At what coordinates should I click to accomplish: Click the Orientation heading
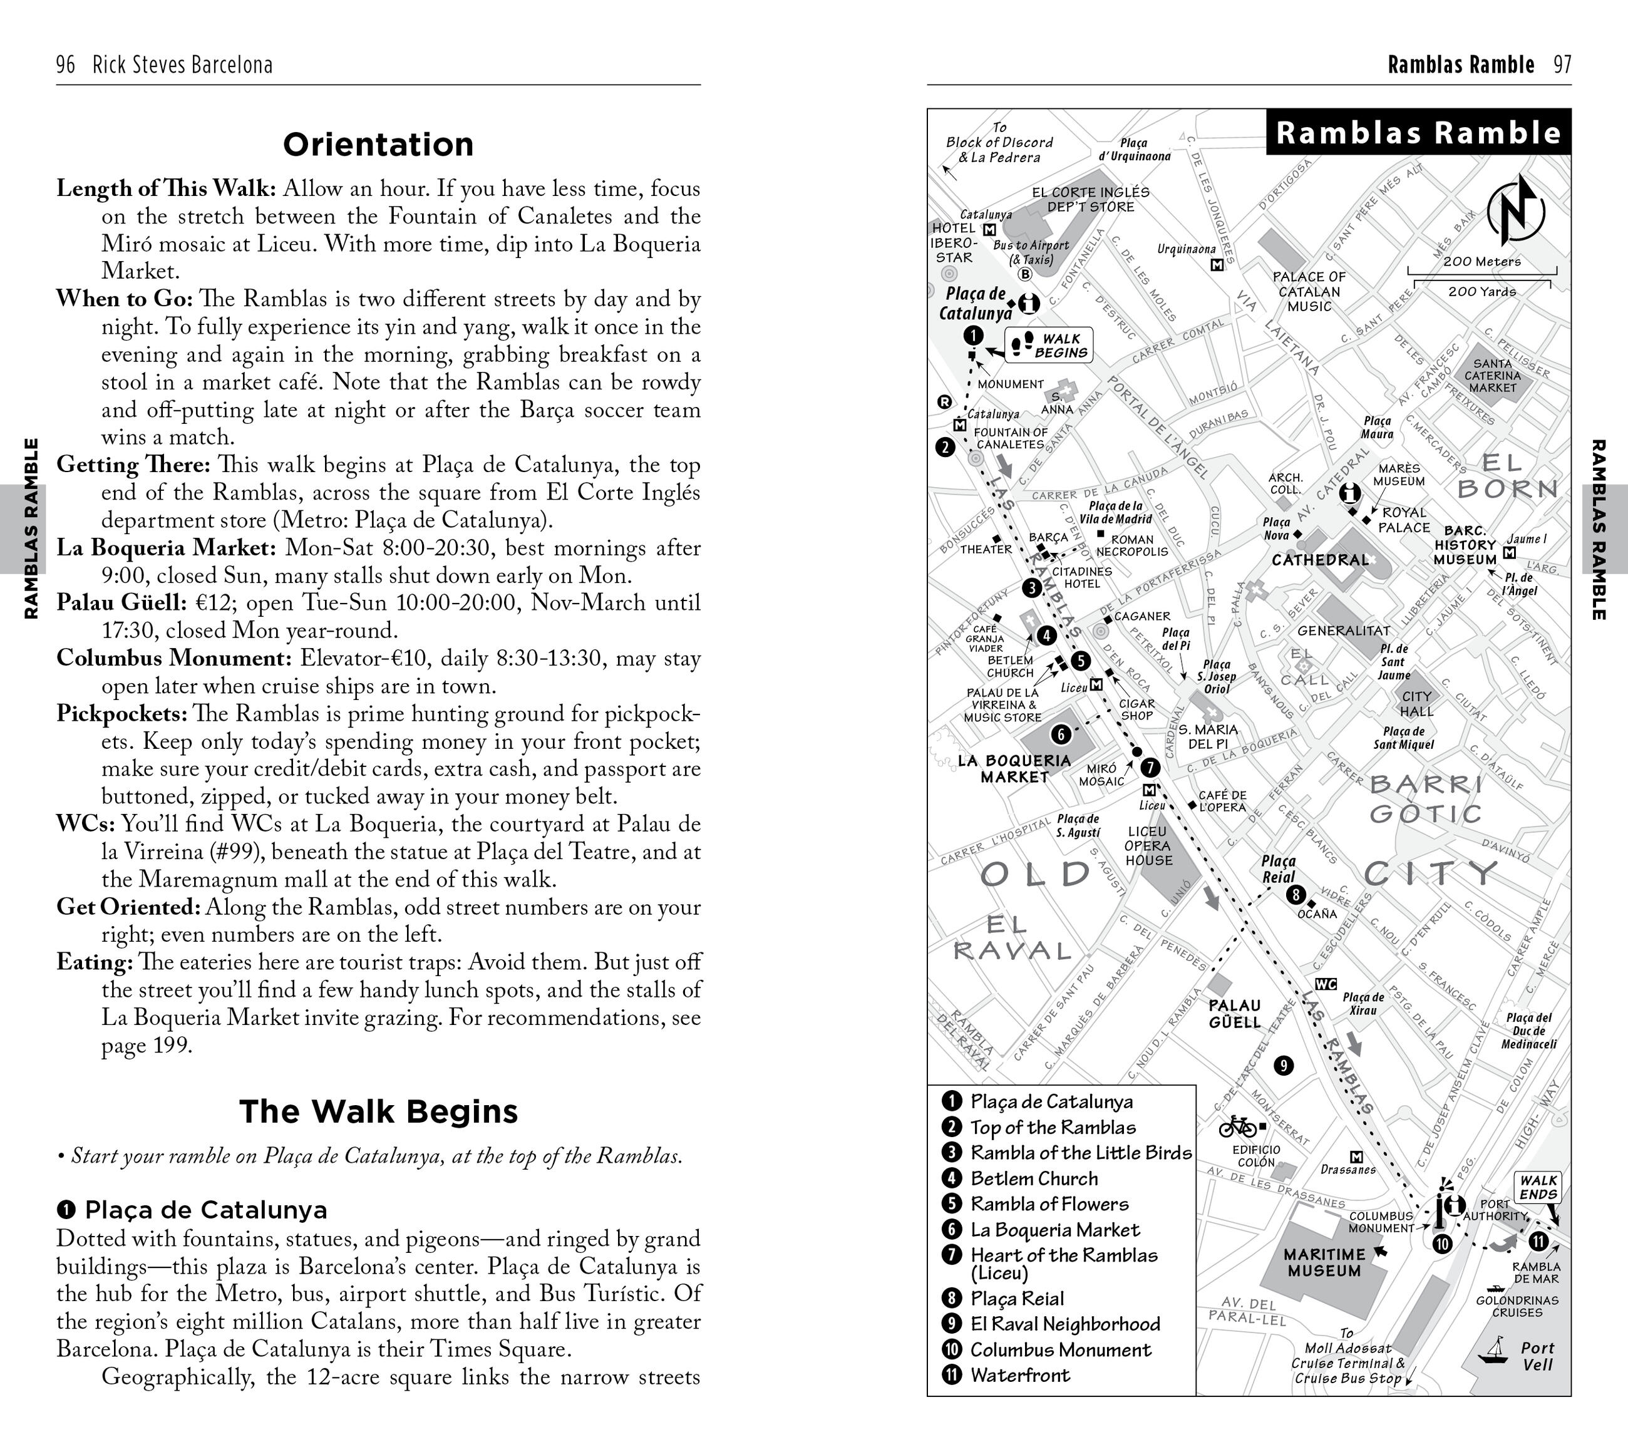[378, 145]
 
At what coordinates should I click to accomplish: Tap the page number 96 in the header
[65, 64]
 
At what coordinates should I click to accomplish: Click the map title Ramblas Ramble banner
[1418, 132]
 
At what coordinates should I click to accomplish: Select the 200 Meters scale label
[1481, 261]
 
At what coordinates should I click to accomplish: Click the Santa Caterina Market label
[1493, 376]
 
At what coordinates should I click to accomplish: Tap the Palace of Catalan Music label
[1309, 292]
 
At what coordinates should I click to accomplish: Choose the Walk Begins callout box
[1049, 346]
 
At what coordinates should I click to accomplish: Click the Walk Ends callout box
[1537, 1187]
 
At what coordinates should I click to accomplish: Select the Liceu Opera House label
[1148, 846]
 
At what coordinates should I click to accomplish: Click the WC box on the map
[1326, 984]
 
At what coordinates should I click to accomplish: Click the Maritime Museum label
[1324, 1262]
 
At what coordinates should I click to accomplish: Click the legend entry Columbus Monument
[1060, 1350]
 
